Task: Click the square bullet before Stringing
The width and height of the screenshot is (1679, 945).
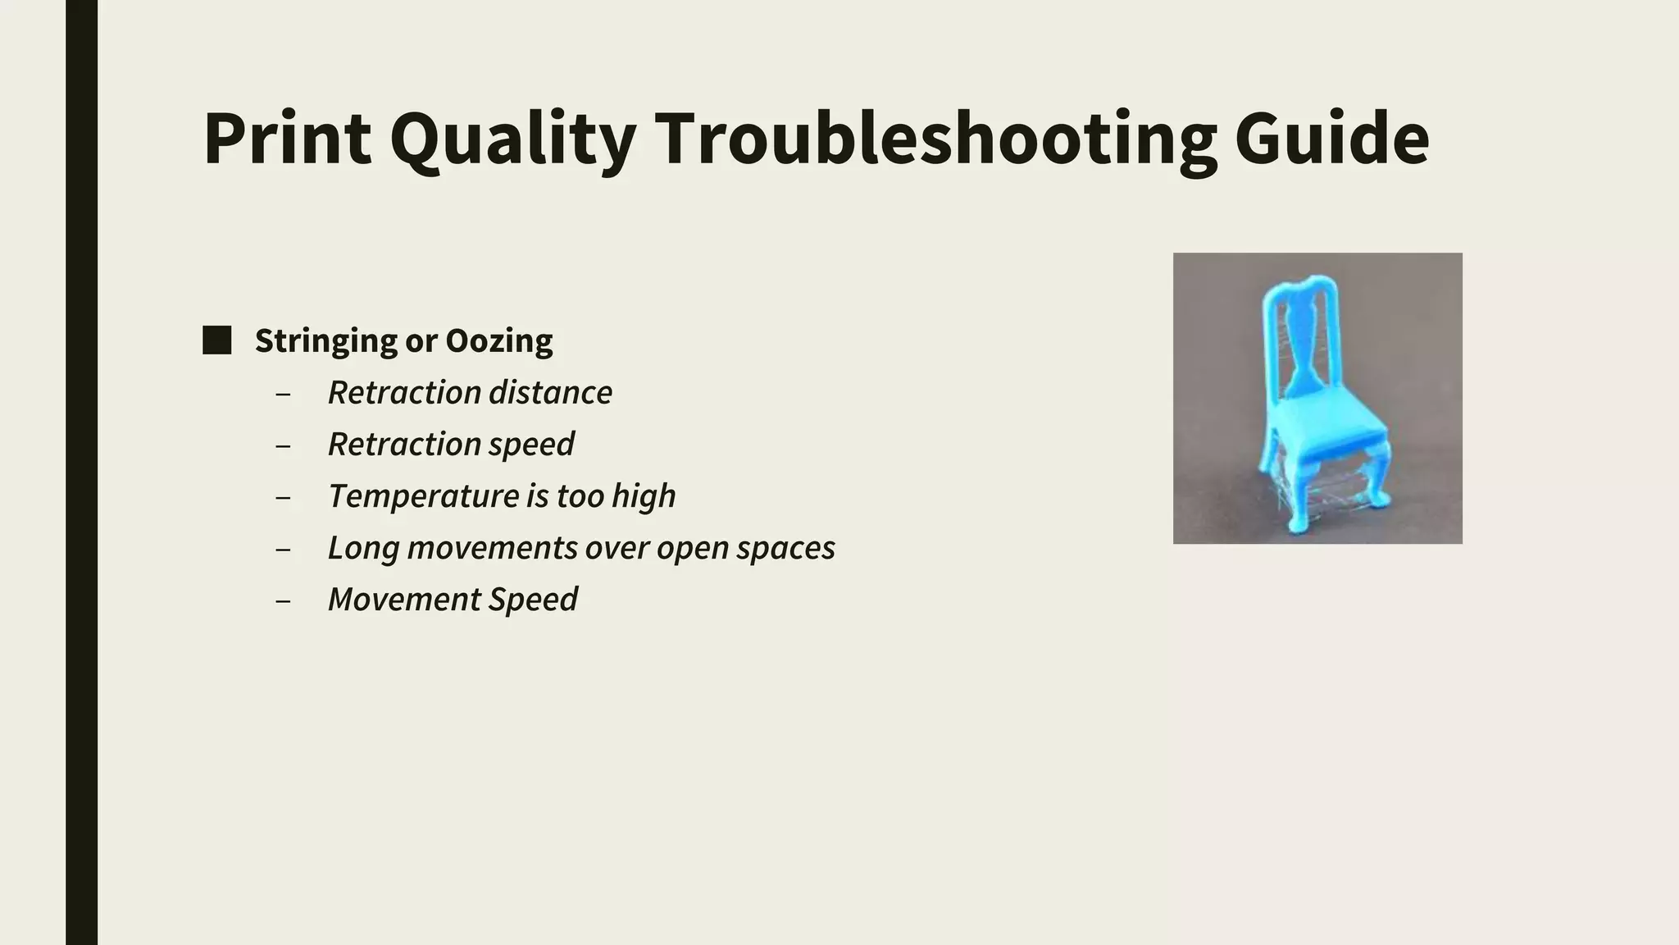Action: tap(217, 340)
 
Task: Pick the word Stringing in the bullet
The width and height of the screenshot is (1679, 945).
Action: tap(325, 340)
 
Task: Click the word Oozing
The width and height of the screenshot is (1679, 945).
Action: tap(498, 340)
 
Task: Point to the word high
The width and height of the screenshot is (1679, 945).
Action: tap(644, 496)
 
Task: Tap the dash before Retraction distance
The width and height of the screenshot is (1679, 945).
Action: tap(284, 394)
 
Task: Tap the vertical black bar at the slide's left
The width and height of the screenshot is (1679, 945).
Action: tap(81, 472)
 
